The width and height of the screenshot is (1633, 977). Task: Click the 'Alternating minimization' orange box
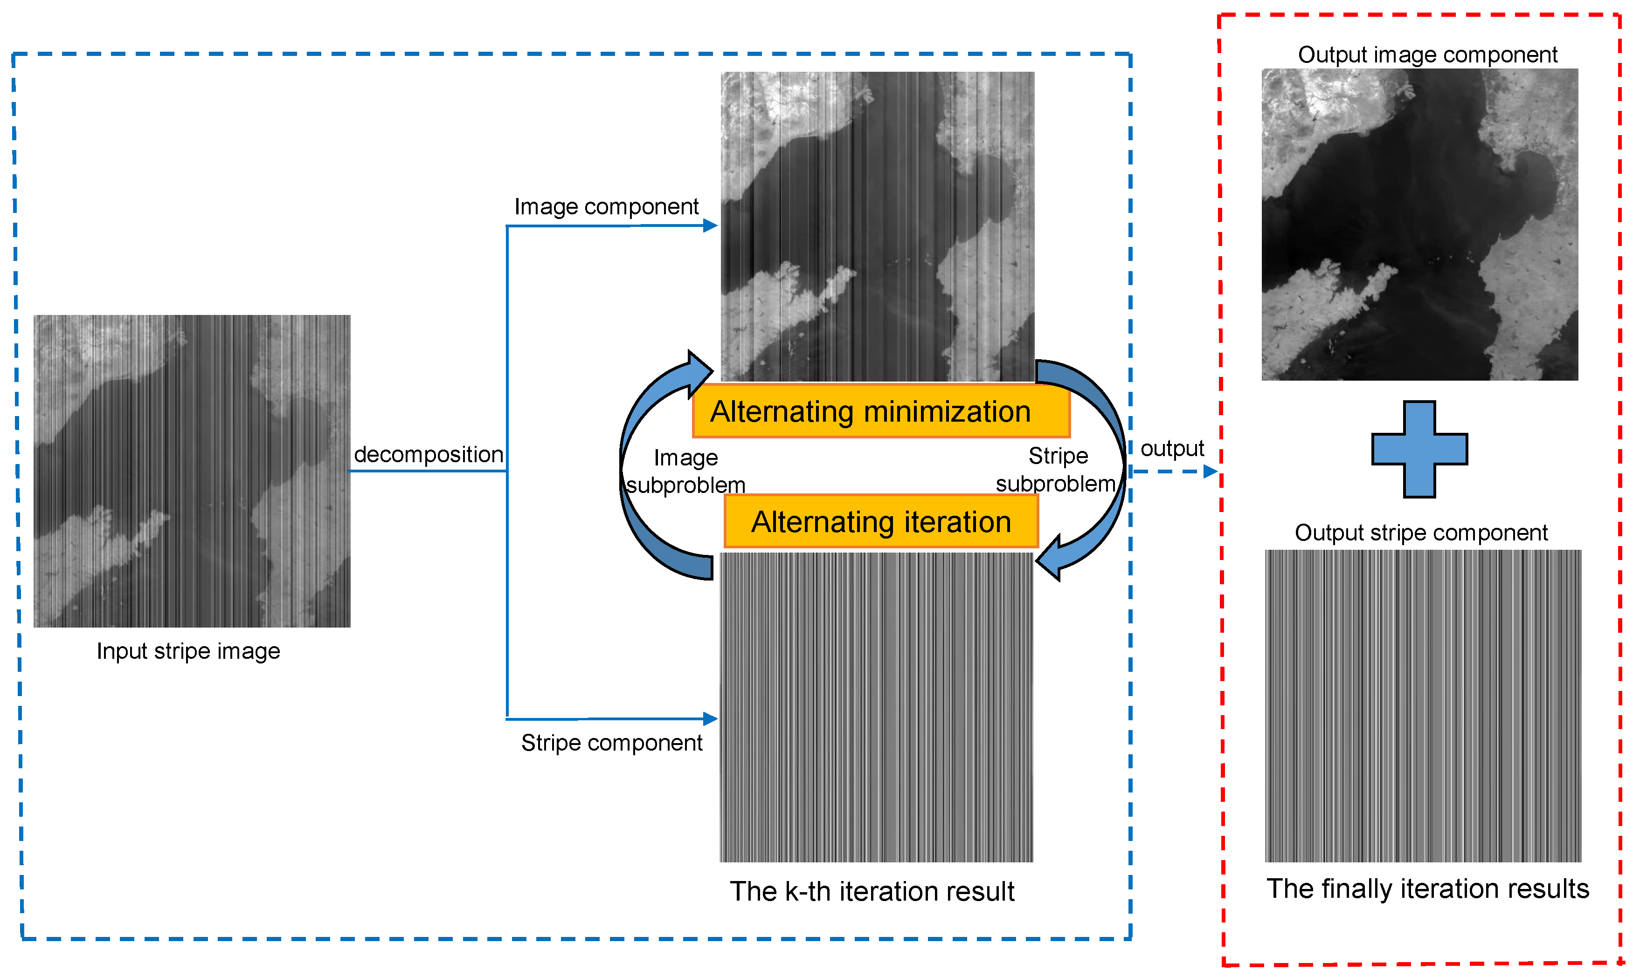(881, 411)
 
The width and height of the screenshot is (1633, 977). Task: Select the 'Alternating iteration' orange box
(881, 521)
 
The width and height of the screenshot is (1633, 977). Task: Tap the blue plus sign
(1419, 449)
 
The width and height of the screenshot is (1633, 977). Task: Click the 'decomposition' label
(428, 454)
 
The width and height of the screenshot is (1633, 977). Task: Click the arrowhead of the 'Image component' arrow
(710, 226)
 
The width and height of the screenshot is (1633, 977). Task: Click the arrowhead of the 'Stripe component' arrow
(710, 718)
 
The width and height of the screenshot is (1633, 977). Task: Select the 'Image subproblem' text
(685, 471)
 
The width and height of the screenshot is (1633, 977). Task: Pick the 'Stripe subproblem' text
(1056, 470)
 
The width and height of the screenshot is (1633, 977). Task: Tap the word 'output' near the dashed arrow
(1171, 448)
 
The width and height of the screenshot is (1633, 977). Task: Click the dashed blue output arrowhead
(1210, 471)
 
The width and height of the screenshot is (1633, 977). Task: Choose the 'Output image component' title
(1427, 55)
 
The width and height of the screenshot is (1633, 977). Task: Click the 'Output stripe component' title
(1420, 532)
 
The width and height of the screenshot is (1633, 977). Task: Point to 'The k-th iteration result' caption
(872, 891)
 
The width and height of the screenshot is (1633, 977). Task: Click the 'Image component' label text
(606, 207)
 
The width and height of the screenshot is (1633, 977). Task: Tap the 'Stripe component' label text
(611, 743)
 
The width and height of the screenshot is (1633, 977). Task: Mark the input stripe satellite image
(192, 471)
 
